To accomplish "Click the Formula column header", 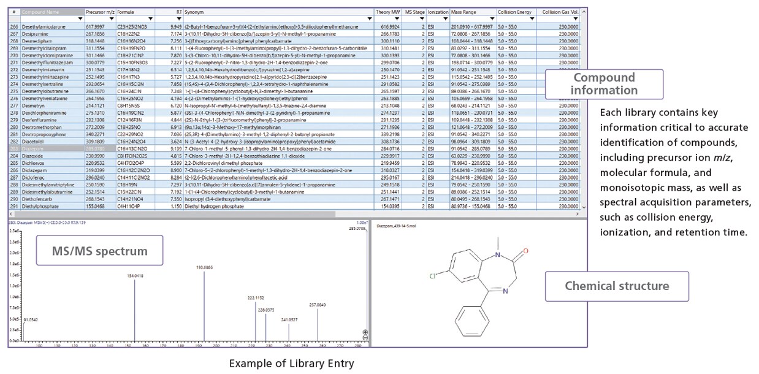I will (126, 12).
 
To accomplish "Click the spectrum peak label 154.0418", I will (135, 276).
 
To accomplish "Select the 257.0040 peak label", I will (317, 305).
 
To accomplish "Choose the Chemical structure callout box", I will (616, 286).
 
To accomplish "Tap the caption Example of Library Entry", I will (291, 364).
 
